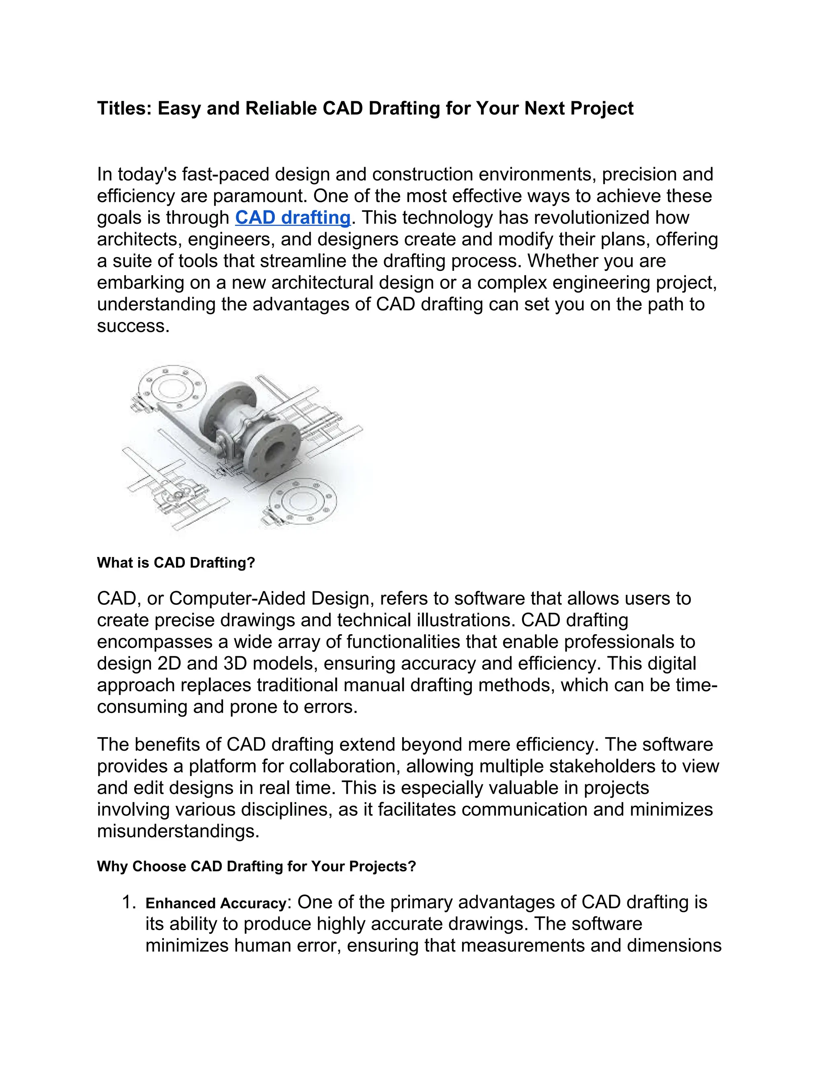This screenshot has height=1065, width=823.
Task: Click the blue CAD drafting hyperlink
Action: (x=293, y=217)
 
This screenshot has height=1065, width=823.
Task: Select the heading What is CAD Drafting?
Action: (x=176, y=562)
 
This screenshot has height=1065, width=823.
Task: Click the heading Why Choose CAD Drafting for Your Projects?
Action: (x=256, y=866)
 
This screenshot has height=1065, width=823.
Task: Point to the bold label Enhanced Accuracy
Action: (x=215, y=903)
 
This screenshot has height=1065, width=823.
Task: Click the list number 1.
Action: (x=129, y=903)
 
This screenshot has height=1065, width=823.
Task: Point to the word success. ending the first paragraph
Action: (x=133, y=326)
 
